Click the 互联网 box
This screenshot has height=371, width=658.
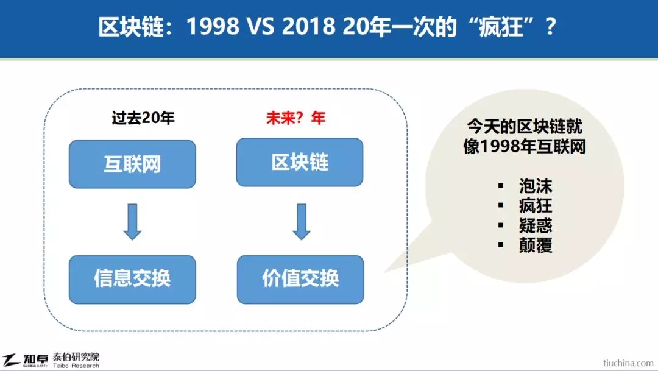(132, 164)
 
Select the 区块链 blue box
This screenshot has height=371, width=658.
(300, 163)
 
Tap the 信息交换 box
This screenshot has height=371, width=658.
(132, 280)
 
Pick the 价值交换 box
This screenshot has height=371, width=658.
(300, 280)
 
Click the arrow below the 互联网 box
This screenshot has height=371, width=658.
(132, 222)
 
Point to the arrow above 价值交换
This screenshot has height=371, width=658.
(302, 222)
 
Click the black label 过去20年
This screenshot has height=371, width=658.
(143, 118)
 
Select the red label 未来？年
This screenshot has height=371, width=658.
(296, 118)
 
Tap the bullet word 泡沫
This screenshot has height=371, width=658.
(536, 186)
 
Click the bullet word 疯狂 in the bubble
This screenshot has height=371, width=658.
(536, 206)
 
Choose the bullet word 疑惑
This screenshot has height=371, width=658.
(536, 225)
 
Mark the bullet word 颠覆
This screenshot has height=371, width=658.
(536, 245)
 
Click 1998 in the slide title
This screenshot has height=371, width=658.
(213, 27)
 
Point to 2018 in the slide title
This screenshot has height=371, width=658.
(308, 27)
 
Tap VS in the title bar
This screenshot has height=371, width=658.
(260, 27)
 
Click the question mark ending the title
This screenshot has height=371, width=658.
(550, 27)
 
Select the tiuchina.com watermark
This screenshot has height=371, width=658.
(628, 363)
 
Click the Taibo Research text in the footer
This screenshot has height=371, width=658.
(76, 366)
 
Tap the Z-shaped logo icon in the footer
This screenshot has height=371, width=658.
(11, 360)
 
